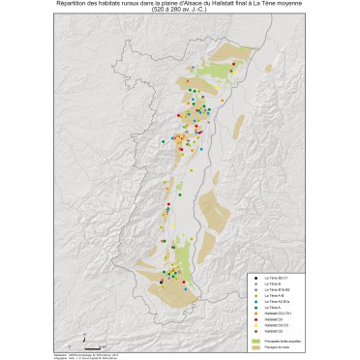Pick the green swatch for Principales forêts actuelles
[256, 341]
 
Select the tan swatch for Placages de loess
[256, 346]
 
